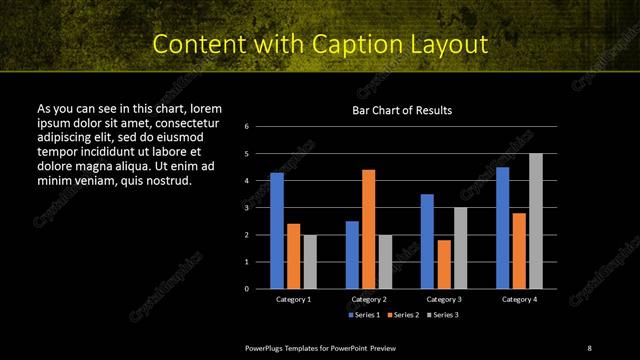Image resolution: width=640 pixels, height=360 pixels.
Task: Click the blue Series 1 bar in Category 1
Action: coord(277,230)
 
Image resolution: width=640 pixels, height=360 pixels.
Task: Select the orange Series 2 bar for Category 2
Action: coord(368,228)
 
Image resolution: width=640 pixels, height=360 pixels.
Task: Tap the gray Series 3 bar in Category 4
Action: coord(536,220)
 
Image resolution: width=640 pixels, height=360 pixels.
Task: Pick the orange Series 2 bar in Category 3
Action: coord(443,264)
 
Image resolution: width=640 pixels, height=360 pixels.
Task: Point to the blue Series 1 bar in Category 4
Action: coord(502,227)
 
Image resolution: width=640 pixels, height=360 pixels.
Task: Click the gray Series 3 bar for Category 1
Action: coord(310,261)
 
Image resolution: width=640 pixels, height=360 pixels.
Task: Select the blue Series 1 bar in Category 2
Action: coord(352,254)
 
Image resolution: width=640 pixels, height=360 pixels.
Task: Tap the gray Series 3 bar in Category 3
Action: coord(460,248)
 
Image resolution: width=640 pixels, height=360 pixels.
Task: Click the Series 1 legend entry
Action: coord(363,314)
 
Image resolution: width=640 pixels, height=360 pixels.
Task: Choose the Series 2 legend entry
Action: coord(402,314)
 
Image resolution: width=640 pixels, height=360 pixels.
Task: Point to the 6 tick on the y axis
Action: coord(246,127)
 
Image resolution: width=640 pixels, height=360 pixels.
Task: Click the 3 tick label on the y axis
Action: coord(246,208)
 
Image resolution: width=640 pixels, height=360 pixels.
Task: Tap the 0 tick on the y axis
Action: coord(246,289)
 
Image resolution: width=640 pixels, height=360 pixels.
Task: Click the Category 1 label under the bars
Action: coord(293,299)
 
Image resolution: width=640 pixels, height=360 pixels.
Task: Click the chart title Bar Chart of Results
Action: coord(403,109)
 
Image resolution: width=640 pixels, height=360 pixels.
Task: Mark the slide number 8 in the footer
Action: coord(589,347)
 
